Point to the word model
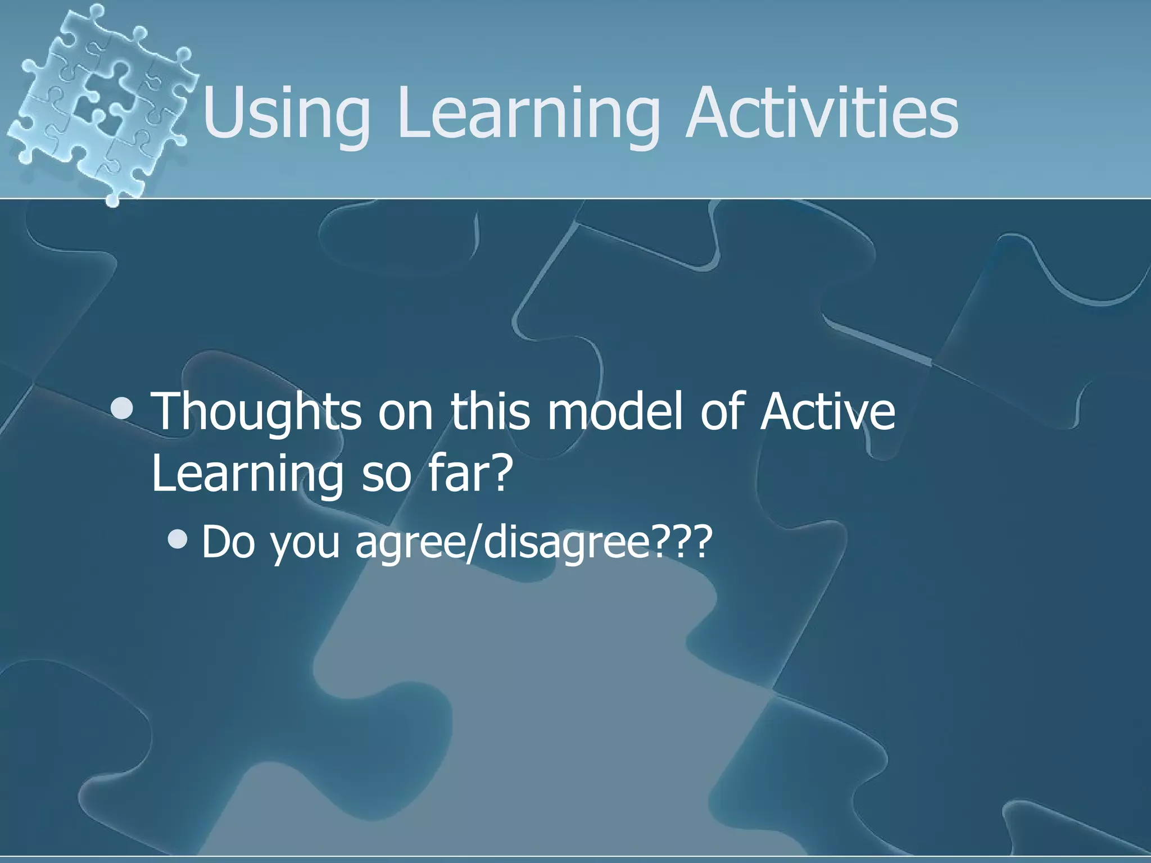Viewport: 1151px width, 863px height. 615,412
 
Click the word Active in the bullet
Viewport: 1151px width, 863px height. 826,412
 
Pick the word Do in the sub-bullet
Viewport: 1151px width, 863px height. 228,542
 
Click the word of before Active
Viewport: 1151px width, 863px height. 722,412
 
